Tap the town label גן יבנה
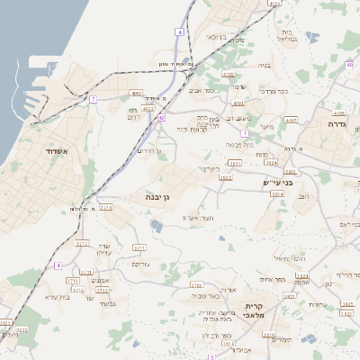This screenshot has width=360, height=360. [157, 195]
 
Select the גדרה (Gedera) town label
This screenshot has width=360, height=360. [346, 125]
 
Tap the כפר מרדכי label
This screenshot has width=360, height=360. [271, 91]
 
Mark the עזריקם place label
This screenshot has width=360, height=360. [141, 265]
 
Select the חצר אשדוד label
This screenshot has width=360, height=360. [195, 218]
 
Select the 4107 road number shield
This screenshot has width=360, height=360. [291, 120]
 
